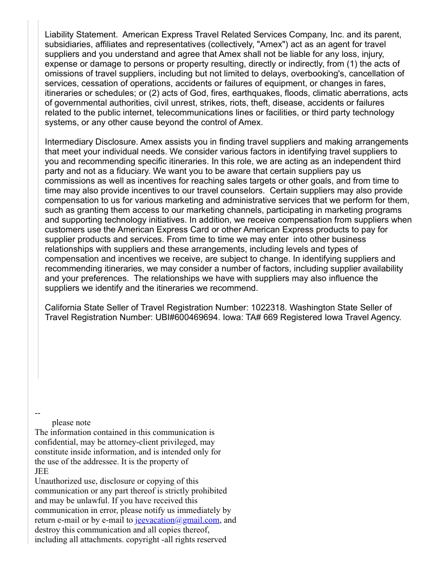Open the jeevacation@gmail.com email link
(x=177, y=520)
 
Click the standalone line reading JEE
(x=42, y=471)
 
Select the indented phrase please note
(x=71, y=422)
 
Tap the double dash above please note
(x=37, y=413)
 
